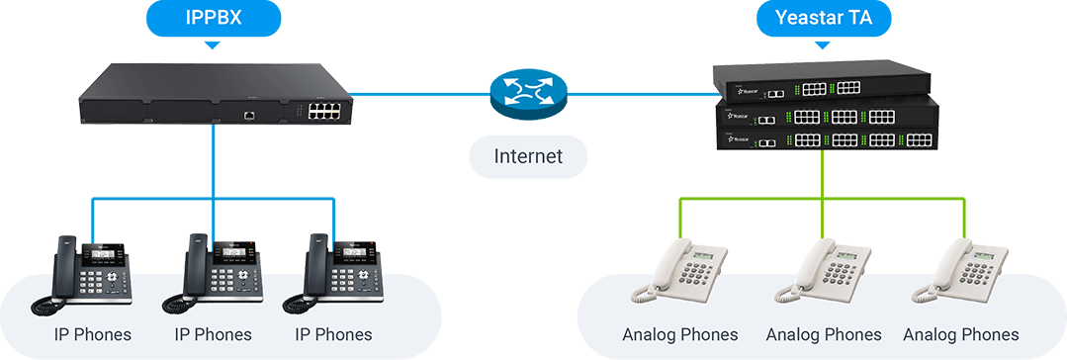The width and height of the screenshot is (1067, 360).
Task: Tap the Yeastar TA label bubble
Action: pyautogui.click(x=822, y=18)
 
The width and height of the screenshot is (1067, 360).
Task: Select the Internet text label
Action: pyautogui.click(x=528, y=156)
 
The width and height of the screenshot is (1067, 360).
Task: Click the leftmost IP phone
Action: pyautogui.click(x=89, y=272)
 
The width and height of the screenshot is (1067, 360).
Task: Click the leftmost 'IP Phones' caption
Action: pyautogui.click(x=92, y=334)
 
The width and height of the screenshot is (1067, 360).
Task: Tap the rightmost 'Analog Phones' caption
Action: pyautogui.click(x=960, y=334)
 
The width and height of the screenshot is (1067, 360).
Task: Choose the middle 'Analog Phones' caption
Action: pyautogui.click(x=823, y=334)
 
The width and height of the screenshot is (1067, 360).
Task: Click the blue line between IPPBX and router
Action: pyautogui.click(x=415, y=95)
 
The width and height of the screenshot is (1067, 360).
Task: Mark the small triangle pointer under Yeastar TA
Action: pyautogui.click(x=822, y=45)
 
